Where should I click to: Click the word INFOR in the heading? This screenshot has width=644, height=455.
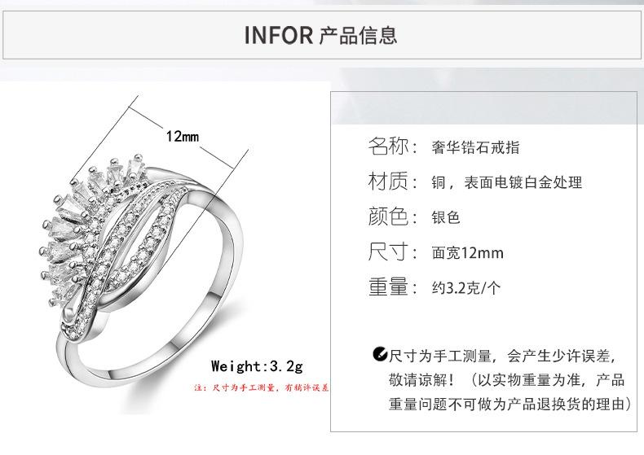coord(279,36)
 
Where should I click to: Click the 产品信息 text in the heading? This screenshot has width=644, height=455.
coord(358,36)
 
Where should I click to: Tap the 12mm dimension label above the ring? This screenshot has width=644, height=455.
coord(183,136)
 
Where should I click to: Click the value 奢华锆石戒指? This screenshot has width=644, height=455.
coord(475,148)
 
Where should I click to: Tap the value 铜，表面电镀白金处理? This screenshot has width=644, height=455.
coord(507,183)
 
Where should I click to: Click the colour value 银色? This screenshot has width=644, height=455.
coord(446,218)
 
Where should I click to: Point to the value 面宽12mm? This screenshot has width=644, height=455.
coord(467,253)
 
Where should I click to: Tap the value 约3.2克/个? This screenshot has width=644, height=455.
coord(465,288)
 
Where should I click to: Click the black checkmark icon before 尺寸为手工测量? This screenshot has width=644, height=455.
coord(379,354)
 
